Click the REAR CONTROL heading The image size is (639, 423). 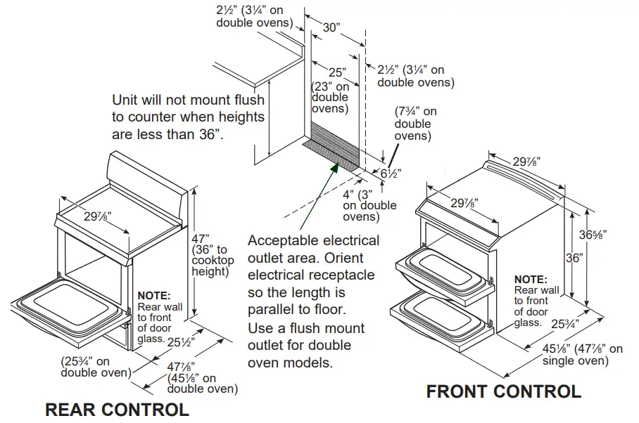click(117, 409)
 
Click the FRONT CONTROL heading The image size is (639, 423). click(503, 391)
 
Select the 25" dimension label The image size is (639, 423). click(337, 72)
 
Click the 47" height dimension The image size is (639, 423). click(202, 238)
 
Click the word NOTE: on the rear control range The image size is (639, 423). click(153, 296)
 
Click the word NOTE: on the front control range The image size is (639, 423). click(530, 279)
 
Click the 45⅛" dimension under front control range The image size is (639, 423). click(540, 350)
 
